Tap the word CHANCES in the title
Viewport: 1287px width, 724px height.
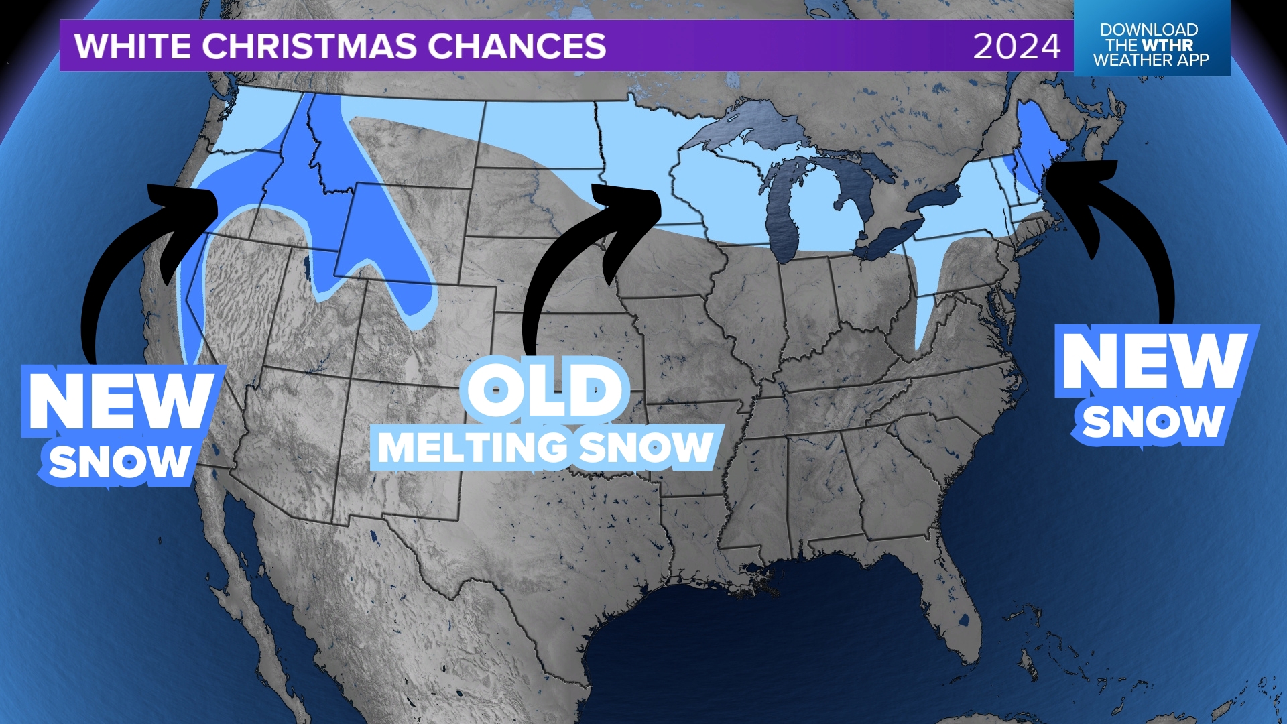(x=517, y=46)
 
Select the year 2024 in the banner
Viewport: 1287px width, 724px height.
(x=1016, y=47)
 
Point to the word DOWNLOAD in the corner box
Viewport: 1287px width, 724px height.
(x=1148, y=30)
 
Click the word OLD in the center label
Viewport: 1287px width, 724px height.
(x=544, y=390)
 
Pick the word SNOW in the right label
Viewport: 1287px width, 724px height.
(x=1153, y=422)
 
